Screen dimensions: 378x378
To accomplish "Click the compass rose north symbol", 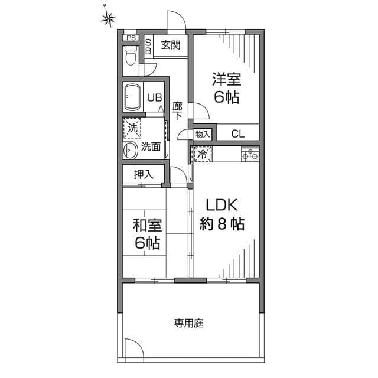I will [107, 18].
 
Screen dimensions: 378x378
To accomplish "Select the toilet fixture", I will [130, 57].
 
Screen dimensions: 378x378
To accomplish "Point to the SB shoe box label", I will [148, 47].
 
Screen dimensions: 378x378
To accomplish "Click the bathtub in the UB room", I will [132, 97].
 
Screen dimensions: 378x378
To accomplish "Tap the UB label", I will [155, 98].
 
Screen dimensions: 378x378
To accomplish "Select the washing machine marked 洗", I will [132, 127].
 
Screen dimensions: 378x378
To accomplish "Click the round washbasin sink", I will [131, 151].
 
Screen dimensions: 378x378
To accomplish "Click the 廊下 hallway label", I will [177, 110].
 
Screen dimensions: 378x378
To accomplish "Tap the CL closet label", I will [237, 133].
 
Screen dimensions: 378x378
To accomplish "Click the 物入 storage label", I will [203, 134].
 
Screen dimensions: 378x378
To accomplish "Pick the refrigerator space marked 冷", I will [201, 155].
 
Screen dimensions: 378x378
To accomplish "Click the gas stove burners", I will [250, 154].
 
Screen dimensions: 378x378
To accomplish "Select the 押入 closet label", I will [144, 174].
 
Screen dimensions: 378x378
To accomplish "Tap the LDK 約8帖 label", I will [221, 214].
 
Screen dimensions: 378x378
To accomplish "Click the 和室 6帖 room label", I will [147, 234].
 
